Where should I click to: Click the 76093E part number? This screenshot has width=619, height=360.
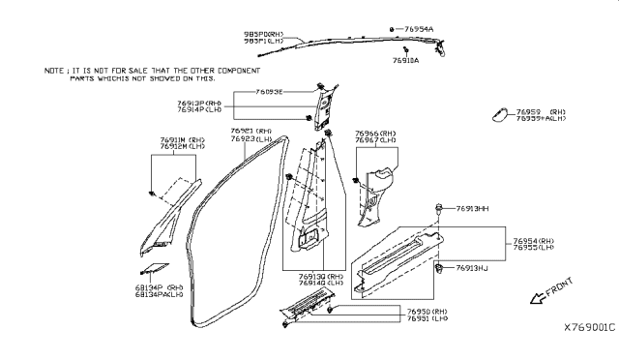click(269, 91)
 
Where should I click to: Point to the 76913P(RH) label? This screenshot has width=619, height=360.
click(199, 102)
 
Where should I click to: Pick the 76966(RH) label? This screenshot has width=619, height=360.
click(375, 134)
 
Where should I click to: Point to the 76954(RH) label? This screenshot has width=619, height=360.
click(531, 240)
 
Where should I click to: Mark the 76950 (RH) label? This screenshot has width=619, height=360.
click(429, 311)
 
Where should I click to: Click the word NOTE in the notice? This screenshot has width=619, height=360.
click(55, 71)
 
